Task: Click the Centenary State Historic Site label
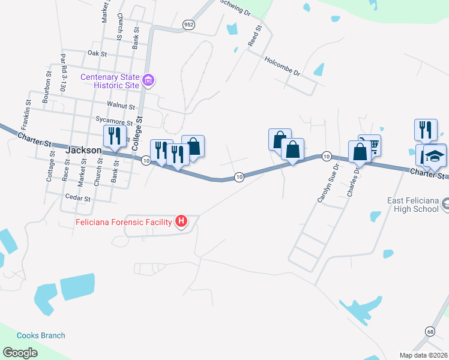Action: tap(110, 81)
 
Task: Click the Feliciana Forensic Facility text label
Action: tap(124, 222)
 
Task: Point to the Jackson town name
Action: tap(83, 151)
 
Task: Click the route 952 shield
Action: tap(189, 25)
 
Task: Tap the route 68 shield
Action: tap(430, 332)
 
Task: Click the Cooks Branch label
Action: tap(41, 335)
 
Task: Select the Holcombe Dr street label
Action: tap(282, 66)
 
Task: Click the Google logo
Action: tap(20, 352)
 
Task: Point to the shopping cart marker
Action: tap(371, 145)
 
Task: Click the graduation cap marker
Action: tap(435, 155)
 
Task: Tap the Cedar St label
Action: tap(78, 197)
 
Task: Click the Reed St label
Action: tap(255, 36)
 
